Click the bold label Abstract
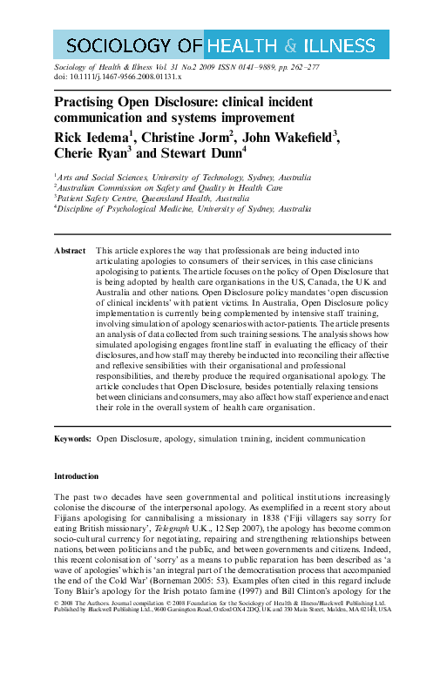70,250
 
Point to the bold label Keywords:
72,439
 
